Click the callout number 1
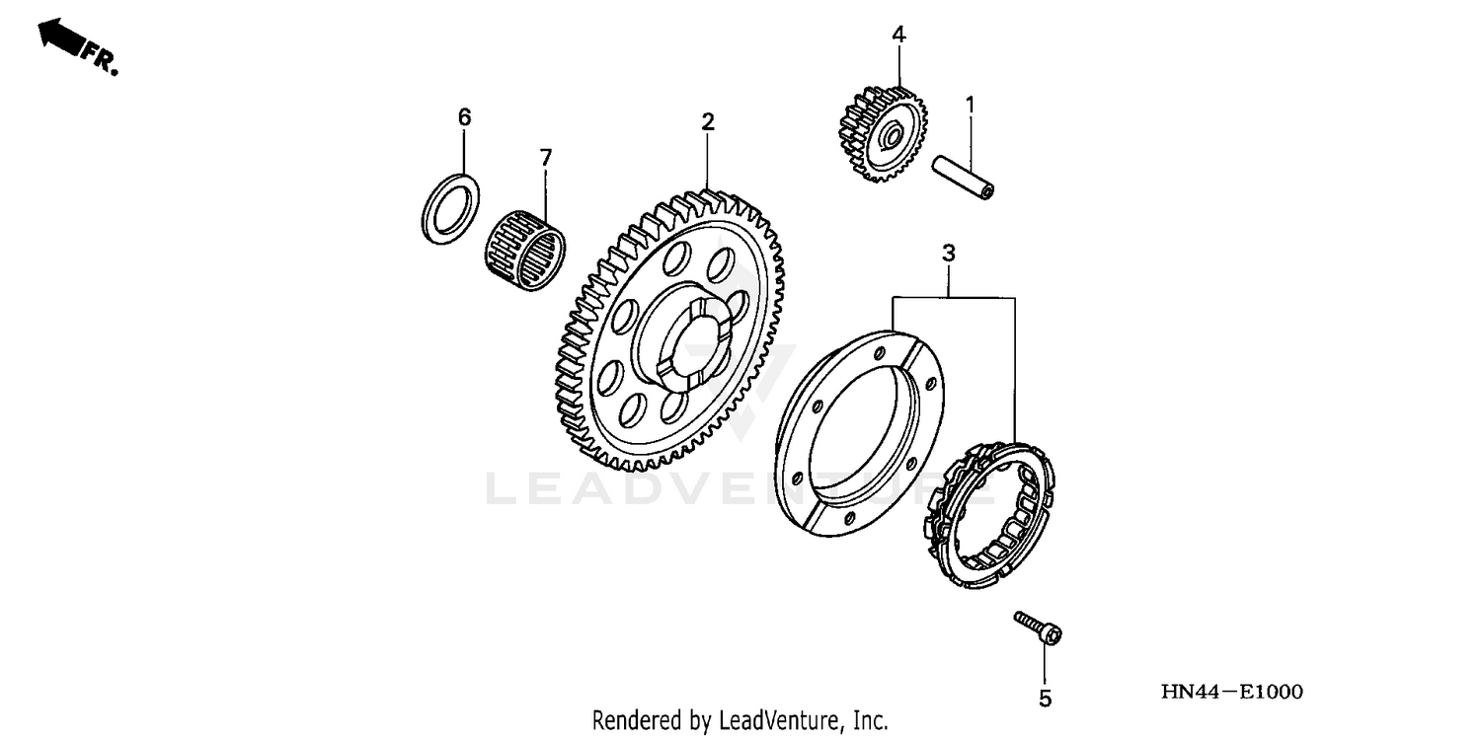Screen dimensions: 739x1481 (970, 103)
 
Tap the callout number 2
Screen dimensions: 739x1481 (707, 122)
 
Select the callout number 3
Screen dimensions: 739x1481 (949, 254)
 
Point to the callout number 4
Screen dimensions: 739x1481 (898, 35)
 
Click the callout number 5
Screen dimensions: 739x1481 (1045, 699)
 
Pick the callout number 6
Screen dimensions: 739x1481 (464, 117)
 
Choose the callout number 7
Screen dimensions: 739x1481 (545, 157)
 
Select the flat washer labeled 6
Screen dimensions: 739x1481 (451, 208)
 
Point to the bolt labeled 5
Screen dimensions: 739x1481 (1038, 628)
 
